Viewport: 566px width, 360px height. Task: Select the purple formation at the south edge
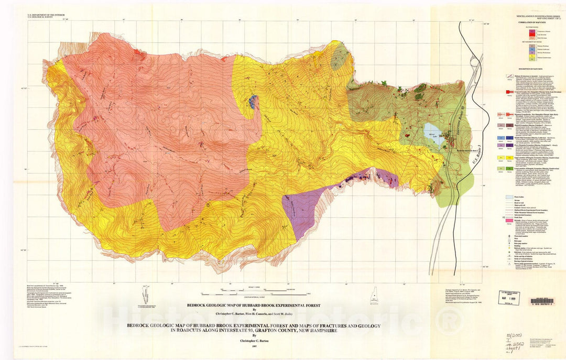coord(307,204)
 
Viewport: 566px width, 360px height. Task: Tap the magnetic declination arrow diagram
coord(145,295)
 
